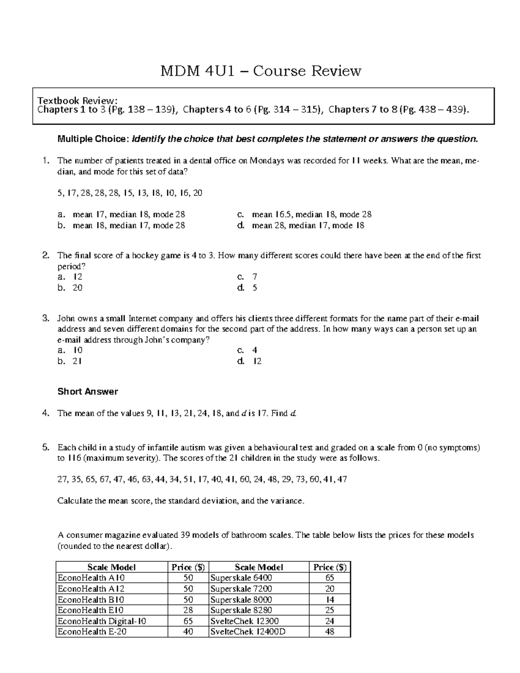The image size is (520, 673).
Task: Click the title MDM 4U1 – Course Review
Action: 260,71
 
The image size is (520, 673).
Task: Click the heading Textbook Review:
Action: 77,100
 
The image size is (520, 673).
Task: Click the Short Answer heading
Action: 88,392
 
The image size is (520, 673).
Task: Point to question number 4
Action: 45,413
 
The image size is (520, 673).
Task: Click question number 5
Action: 45,448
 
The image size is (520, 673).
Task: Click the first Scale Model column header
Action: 111,567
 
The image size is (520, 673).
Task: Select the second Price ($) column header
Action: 330,567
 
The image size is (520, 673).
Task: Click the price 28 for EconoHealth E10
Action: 188,610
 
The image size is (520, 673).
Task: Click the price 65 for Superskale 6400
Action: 330,578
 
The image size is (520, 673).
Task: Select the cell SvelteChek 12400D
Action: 248,632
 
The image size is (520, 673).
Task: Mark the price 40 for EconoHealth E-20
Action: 188,632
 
